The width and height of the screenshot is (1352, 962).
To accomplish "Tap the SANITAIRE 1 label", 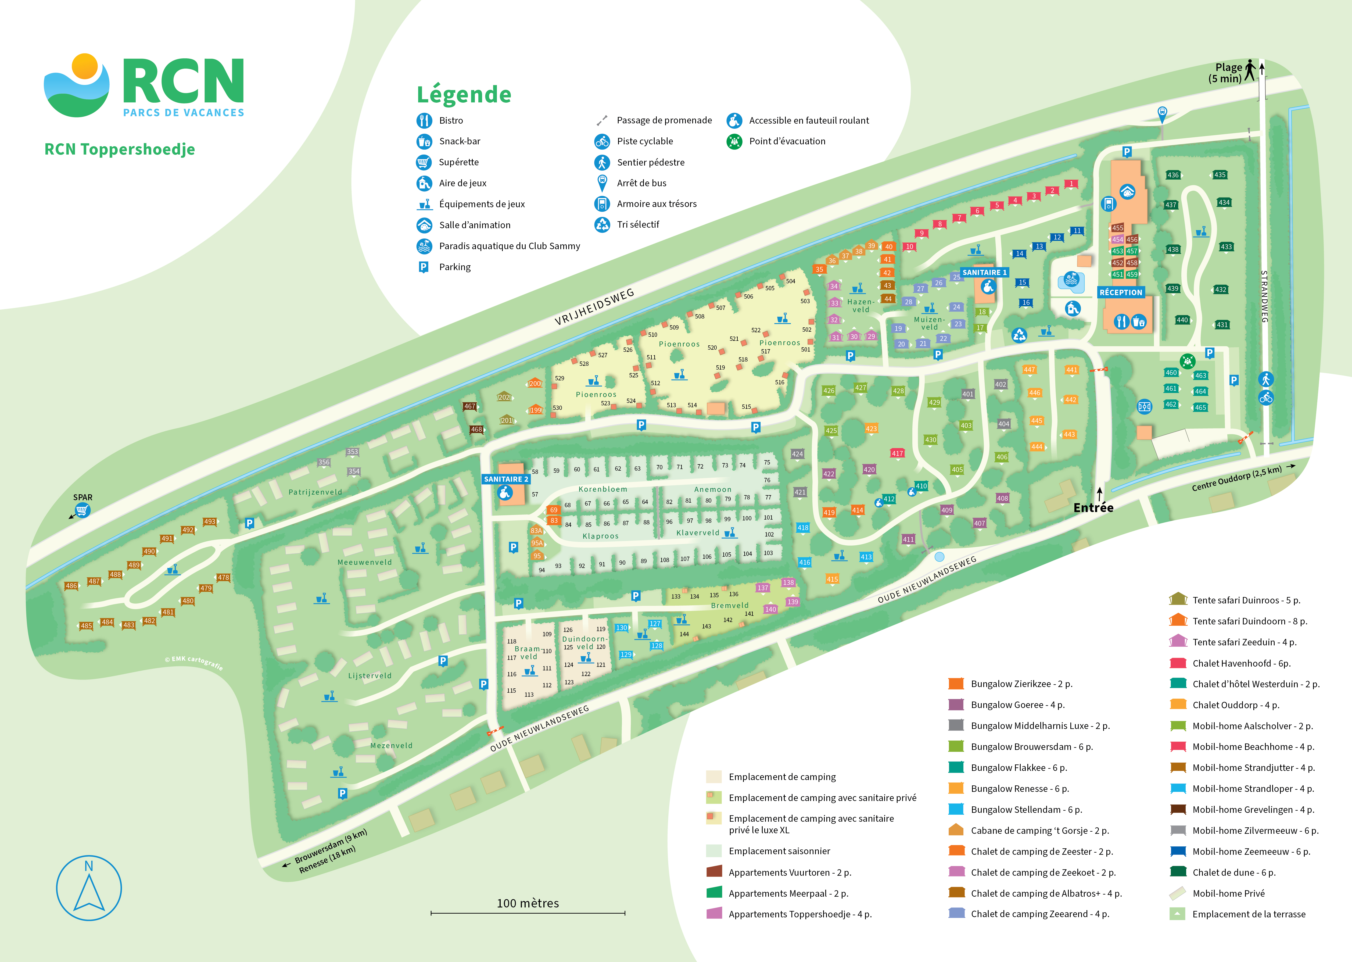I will [984, 273].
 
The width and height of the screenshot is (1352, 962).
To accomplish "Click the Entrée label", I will [1093, 508].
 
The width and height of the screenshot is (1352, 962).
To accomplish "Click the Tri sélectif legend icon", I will [602, 224].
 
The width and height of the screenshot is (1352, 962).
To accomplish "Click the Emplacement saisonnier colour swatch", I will [713, 851].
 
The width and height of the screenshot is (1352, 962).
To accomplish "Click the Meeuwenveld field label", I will [364, 562].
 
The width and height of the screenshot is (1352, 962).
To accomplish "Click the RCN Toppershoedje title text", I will [120, 149].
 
